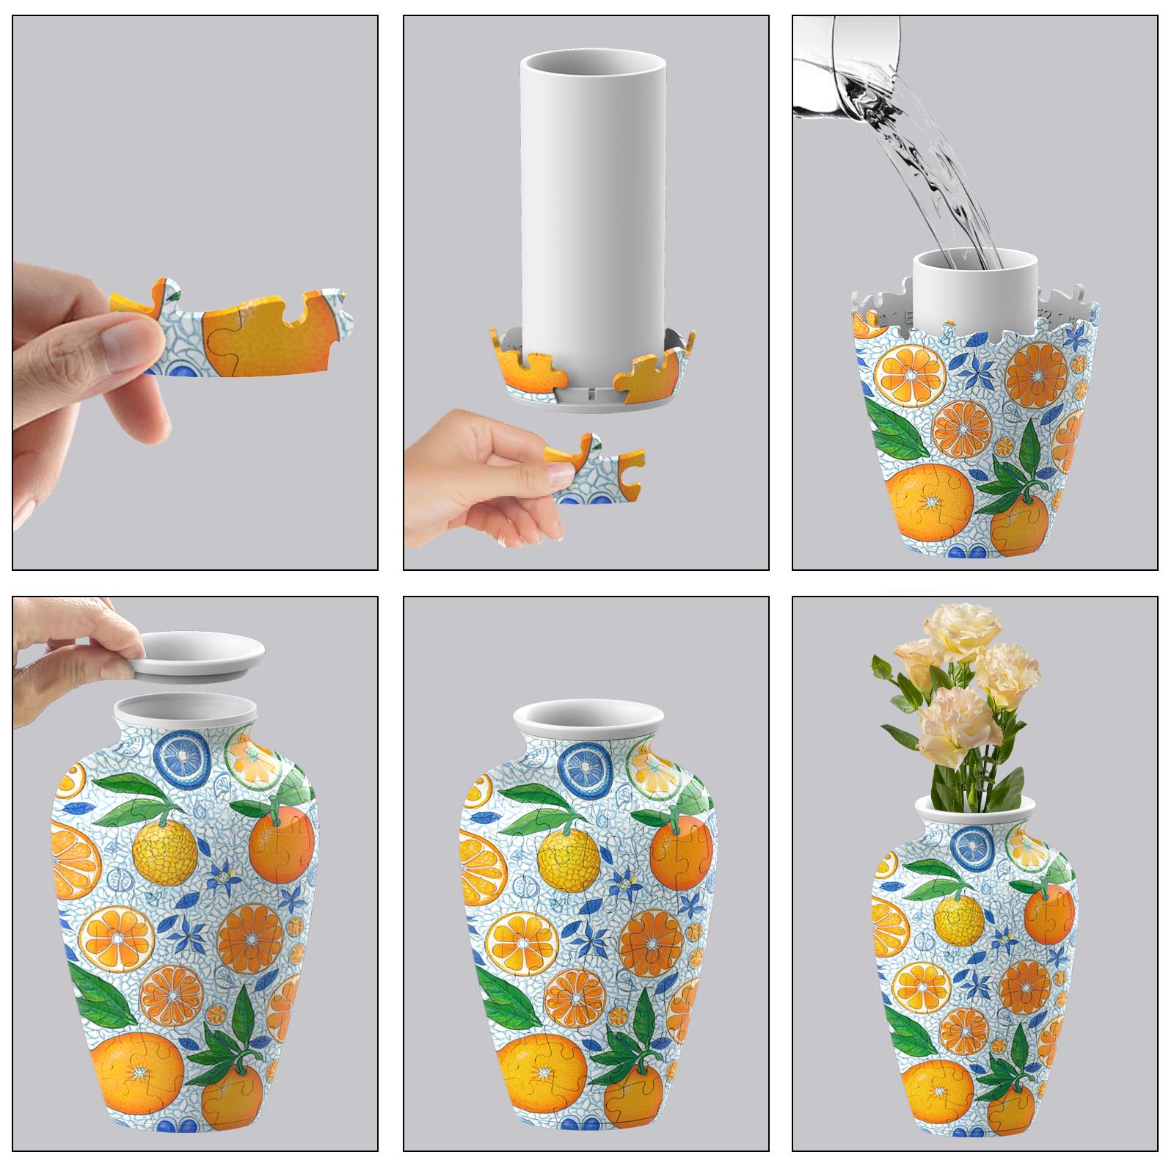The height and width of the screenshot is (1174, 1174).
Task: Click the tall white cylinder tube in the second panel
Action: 593,205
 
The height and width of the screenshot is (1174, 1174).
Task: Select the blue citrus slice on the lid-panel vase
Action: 183,759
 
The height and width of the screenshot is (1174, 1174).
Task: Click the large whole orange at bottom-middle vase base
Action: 542,1071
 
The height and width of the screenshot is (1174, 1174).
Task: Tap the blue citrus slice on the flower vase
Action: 972,847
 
